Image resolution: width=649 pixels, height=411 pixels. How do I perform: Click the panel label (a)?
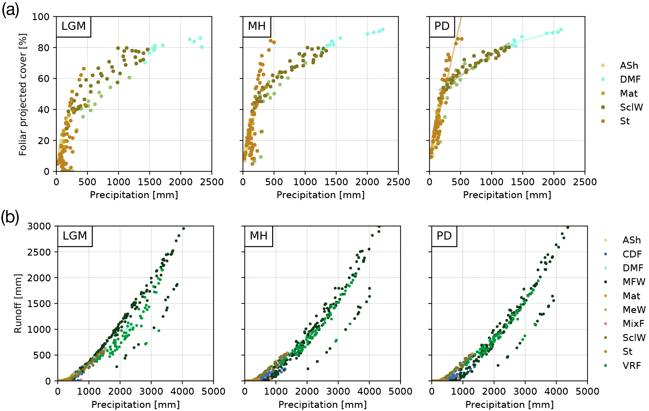click(10, 10)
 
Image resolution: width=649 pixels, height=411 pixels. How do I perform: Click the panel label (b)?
click(10, 217)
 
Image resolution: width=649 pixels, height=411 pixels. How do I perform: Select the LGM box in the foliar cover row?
click(73, 26)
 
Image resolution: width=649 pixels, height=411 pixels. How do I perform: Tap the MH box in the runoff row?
click(258, 236)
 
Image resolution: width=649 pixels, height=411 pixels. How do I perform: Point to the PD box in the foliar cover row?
click(442, 26)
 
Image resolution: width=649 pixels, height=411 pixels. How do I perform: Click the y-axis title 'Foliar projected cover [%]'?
click(23, 95)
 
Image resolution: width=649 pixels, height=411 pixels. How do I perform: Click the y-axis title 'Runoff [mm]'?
click(18, 303)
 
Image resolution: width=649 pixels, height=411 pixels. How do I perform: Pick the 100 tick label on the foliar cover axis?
click(41, 17)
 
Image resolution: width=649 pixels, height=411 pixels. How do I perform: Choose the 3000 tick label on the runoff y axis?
click(39, 226)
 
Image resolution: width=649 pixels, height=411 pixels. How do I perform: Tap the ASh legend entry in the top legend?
click(629, 66)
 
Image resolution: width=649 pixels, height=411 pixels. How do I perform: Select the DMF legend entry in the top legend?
click(630, 79)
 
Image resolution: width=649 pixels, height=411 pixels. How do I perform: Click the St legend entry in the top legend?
click(625, 121)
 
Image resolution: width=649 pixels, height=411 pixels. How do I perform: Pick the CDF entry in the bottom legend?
click(632, 254)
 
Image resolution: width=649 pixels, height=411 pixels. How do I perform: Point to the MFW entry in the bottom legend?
click(634, 282)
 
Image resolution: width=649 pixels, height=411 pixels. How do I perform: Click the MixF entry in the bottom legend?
click(633, 323)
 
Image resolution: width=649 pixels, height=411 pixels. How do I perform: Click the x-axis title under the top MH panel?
click(321, 195)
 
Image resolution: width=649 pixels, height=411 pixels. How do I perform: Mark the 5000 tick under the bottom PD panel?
click(587, 392)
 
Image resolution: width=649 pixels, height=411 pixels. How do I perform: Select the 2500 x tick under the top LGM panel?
click(212, 182)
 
